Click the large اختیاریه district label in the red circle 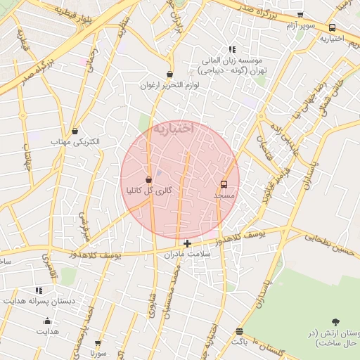[x=174, y=129]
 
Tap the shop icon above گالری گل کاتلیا [x=148, y=180]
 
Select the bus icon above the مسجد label [x=224, y=184]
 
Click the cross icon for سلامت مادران [x=187, y=243]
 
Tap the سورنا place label [x=98, y=353]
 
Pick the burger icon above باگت [x=240, y=330]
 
